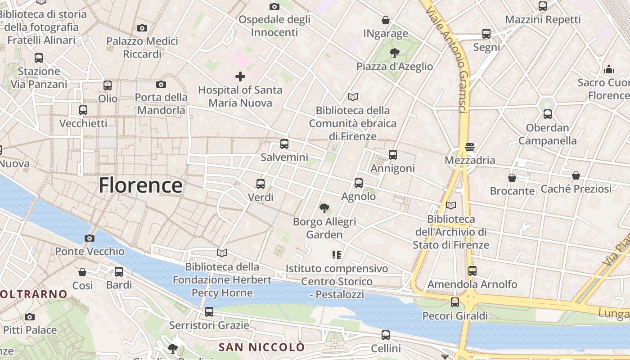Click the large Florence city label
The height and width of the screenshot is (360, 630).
[x=140, y=185]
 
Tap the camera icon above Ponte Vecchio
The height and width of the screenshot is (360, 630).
[x=90, y=238]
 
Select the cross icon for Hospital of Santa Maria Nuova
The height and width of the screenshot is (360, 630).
[x=240, y=76]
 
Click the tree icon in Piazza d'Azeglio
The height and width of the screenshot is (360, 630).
[x=395, y=53]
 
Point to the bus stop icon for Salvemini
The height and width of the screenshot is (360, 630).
[x=284, y=144]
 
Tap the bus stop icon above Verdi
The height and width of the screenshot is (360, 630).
[x=261, y=184]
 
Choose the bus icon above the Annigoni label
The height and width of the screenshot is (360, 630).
[x=393, y=155]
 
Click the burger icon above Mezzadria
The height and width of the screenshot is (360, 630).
[x=470, y=147]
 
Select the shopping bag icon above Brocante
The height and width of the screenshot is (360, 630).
[x=512, y=178]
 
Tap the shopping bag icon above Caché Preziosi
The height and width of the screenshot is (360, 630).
[x=576, y=175]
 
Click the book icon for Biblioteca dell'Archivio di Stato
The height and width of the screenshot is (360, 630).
[x=451, y=206]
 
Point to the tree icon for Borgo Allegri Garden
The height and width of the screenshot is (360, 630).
[x=324, y=208]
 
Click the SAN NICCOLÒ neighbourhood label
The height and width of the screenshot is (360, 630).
[x=261, y=347]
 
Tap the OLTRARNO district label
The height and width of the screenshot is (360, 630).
[x=34, y=294]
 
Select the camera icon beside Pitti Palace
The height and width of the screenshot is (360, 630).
[x=30, y=317]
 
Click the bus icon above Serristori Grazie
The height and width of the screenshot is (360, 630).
[x=209, y=311]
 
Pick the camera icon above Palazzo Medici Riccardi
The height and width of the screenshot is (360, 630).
[x=142, y=28]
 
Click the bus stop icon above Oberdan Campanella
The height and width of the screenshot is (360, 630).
[x=548, y=114]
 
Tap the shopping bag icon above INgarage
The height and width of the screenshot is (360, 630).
[x=386, y=20]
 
